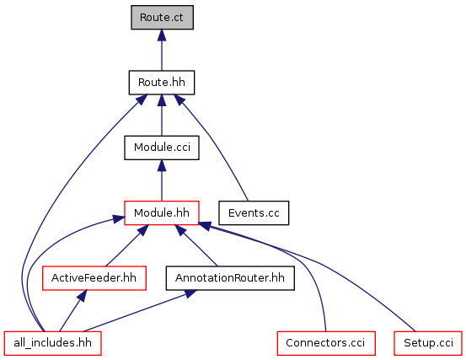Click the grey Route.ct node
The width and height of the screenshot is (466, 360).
tap(163, 17)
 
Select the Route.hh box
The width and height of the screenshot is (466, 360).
tap(162, 83)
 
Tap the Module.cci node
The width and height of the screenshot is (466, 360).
tap(162, 148)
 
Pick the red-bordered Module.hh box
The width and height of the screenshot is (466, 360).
tap(162, 212)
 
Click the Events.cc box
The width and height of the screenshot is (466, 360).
tap(254, 212)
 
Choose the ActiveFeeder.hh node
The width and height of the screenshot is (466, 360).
tap(94, 278)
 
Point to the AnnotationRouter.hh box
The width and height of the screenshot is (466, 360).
tap(230, 278)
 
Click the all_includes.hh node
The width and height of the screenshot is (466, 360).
tap(53, 343)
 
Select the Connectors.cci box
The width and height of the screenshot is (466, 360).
tap(326, 343)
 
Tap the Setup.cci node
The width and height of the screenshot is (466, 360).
tap(428, 343)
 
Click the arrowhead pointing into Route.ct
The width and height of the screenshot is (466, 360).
tap(162, 35)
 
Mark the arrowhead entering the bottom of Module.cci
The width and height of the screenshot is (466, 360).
tap(162, 165)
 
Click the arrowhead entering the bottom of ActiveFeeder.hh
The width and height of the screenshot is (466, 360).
tap(82, 296)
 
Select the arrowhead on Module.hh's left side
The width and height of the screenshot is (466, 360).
tap(118, 220)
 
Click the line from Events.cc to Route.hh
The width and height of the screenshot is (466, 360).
tap(214, 142)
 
